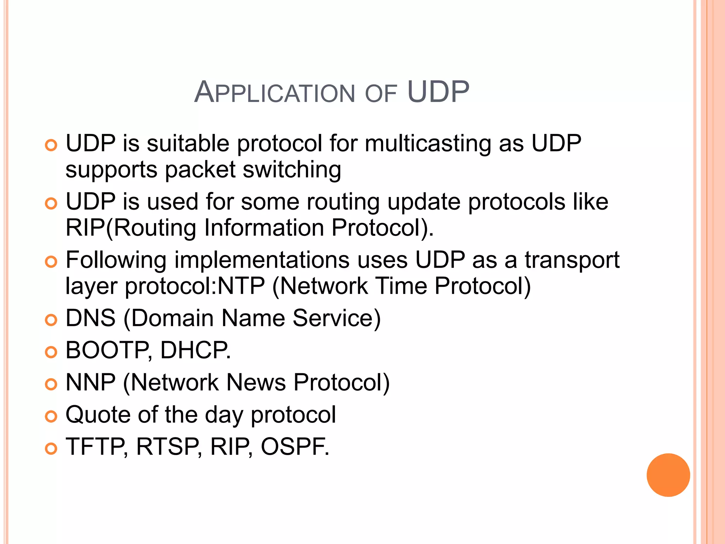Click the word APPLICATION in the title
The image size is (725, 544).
click(274, 93)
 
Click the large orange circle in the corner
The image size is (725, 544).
click(668, 475)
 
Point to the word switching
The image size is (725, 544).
click(292, 170)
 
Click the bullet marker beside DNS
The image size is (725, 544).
click(51, 320)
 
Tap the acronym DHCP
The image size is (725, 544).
click(195, 350)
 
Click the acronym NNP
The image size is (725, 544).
click(91, 382)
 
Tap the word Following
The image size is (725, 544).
click(116, 260)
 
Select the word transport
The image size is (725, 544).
click(572, 261)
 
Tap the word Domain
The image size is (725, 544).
click(172, 318)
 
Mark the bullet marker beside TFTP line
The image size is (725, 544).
click(51, 449)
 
